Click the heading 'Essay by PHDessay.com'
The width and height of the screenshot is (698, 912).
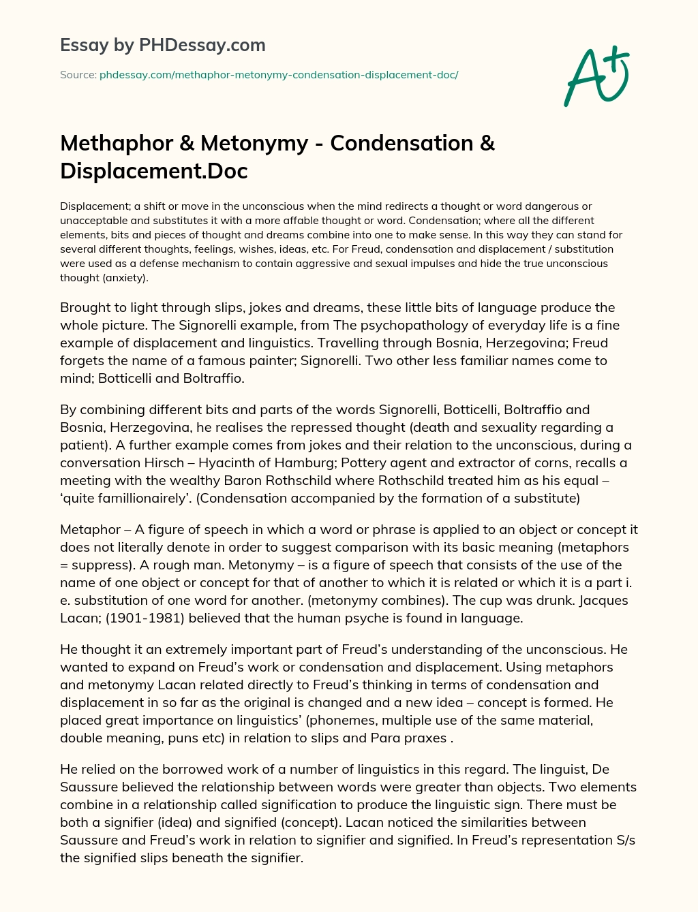click(x=163, y=46)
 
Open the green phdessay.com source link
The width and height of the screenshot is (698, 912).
click(x=279, y=75)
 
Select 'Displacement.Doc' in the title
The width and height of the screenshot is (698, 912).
click(x=154, y=170)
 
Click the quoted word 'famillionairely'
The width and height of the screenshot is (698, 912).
click(x=125, y=498)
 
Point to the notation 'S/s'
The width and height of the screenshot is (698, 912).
click(x=624, y=840)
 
